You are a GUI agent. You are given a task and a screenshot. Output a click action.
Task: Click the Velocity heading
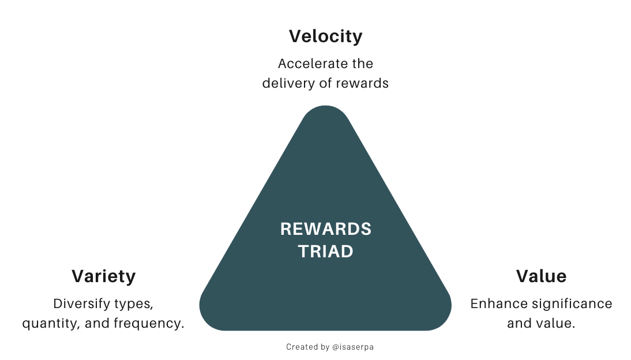pyautogui.click(x=325, y=36)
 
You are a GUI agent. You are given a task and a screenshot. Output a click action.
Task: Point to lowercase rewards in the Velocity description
pyautogui.click(x=362, y=83)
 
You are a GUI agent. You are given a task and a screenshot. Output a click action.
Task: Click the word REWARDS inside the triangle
pyautogui.click(x=326, y=229)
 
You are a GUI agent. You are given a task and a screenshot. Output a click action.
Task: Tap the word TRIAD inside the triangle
pyautogui.click(x=326, y=252)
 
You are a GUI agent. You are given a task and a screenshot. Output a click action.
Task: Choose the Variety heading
pyautogui.click(x=103, y=276)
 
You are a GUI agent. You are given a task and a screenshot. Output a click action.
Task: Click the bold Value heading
pyautogui.click(x=541, y=276)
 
